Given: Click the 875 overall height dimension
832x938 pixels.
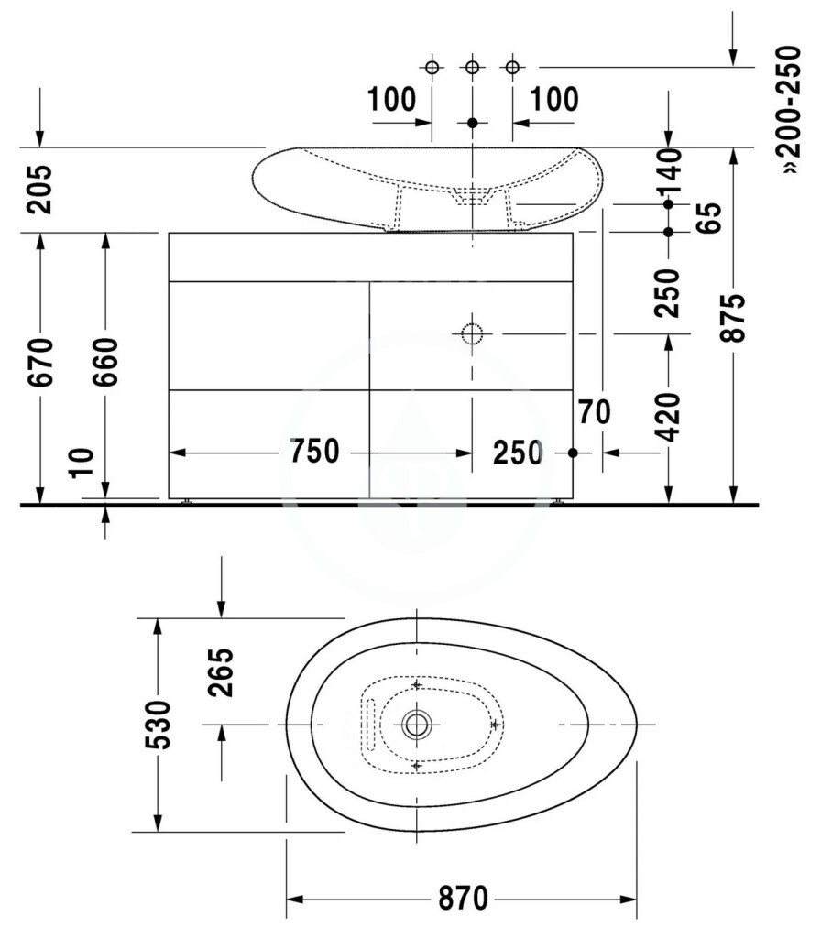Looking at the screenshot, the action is (733, 318).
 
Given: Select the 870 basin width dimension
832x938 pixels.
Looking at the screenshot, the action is (464, 898).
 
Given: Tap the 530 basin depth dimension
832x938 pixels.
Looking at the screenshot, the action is (158, 725).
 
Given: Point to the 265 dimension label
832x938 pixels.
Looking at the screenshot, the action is (220, 671).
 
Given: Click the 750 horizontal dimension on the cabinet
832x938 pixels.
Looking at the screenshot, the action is (314, 451).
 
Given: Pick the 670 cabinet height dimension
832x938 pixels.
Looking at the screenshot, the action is (40, 362).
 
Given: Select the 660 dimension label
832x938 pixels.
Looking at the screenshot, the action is (105, 362).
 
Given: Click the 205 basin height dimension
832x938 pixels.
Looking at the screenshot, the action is (39, 190).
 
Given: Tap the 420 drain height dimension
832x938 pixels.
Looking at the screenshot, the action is (668, 417).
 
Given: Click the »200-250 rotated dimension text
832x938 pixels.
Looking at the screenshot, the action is (791, 110).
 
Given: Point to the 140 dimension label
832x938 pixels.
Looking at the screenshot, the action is (669, 172).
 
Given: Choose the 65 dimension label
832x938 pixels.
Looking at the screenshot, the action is (710, 218).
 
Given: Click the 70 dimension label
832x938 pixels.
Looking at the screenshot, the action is (595, 412).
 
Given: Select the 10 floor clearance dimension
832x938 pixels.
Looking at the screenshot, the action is (82, 463).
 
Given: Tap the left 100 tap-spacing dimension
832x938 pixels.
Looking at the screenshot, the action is (391, 99).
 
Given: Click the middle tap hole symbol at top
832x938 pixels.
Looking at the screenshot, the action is (472, 67).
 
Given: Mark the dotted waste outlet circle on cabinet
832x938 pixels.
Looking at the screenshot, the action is (472, 333).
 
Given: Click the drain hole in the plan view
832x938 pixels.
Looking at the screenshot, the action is (416, 725).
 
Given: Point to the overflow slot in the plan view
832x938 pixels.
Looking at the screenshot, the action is (370, 725).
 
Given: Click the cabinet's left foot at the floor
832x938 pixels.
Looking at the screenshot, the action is (187, 501).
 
